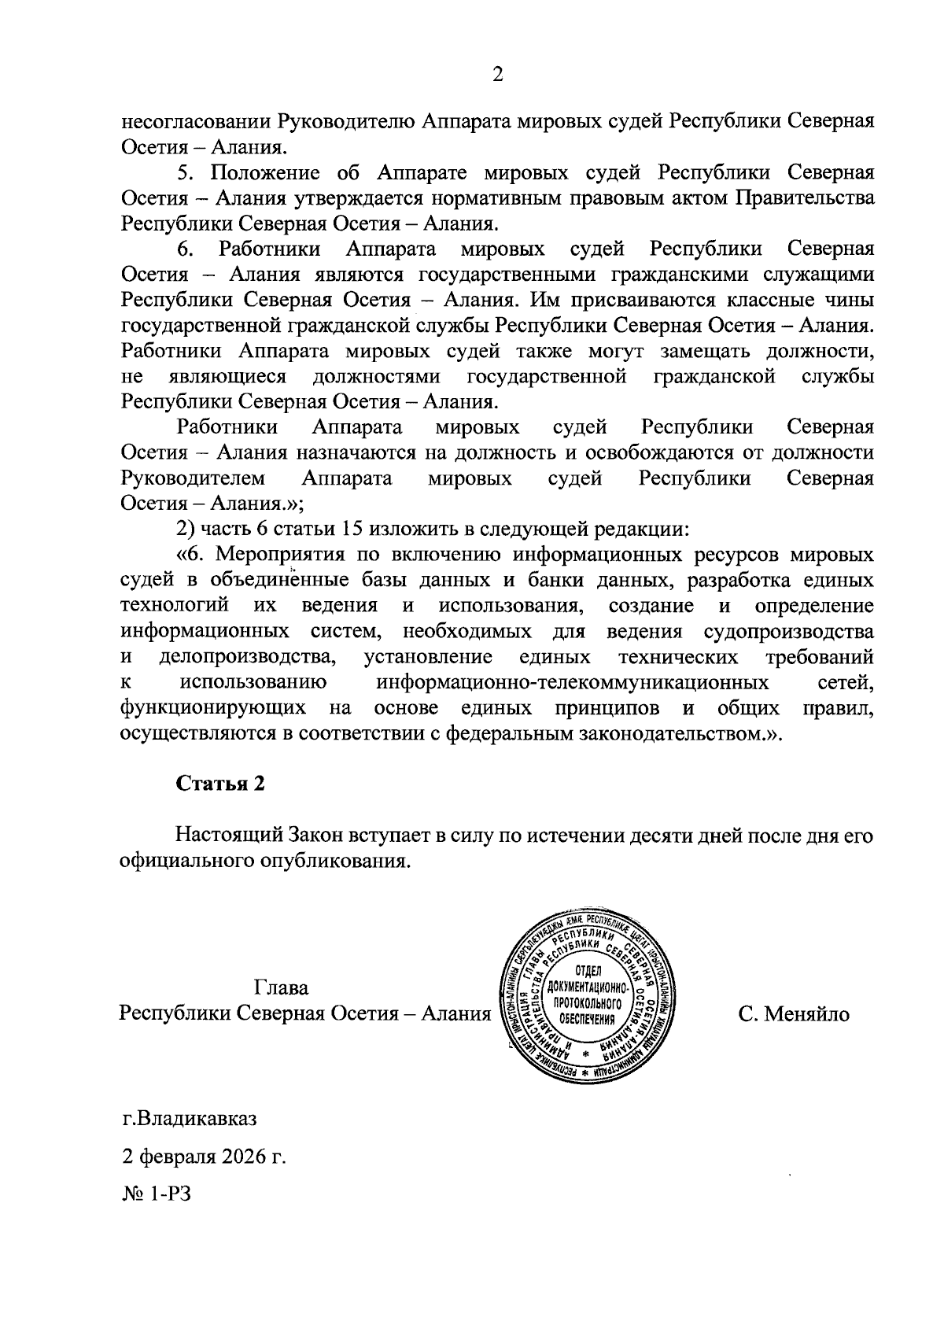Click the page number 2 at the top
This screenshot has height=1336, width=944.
click(496, 75)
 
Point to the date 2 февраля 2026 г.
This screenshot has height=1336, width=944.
click(204, 1157)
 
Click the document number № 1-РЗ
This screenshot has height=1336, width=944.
click(157, 1195)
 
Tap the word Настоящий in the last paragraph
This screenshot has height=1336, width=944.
click(224, 835)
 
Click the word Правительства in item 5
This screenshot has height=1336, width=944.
click(804, 197)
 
